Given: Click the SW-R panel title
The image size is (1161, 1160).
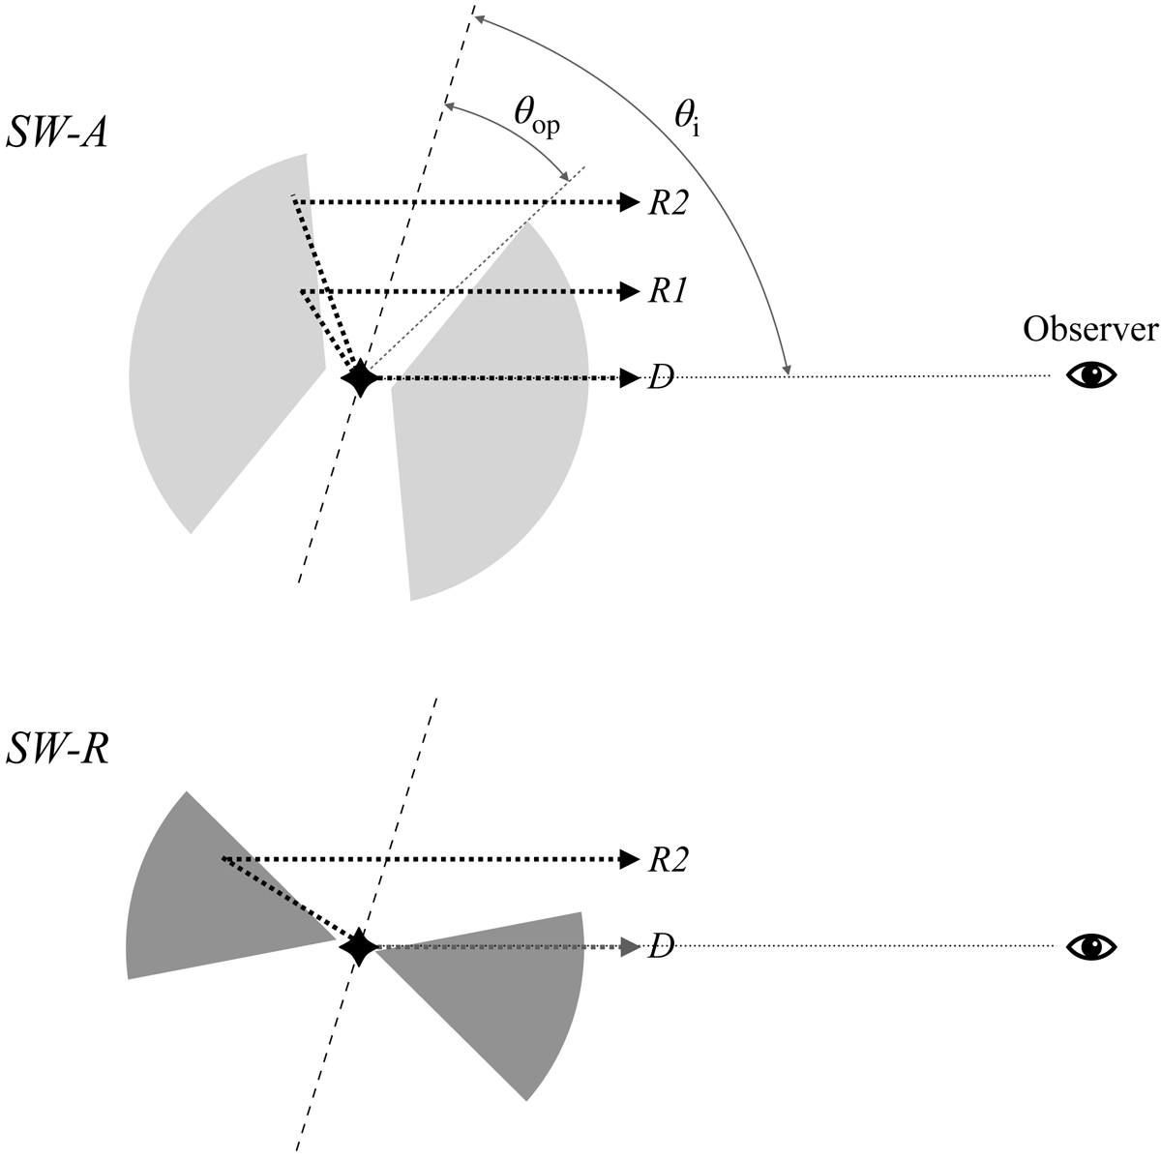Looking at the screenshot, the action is [x=57, y=749].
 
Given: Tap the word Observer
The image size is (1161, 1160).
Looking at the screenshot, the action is [x=1090, y=330].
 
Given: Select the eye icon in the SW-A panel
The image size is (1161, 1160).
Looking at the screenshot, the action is [x=1091, y=374].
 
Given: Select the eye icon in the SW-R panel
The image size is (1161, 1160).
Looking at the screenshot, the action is [x=1091, y=947].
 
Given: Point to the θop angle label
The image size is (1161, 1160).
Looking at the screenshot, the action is [x=536, y=116].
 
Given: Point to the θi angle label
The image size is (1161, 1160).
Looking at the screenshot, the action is [x=688, y=117].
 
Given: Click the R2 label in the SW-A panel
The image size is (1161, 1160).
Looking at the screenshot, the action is [x=668, y=204].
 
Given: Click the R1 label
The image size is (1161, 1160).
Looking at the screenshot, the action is [x=667, y=291].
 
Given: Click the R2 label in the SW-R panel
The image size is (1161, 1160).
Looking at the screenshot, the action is [x=668, y=860].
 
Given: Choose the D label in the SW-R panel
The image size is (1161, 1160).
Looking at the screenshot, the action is [x=661, y=948].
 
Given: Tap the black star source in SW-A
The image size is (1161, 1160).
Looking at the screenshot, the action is [x=360, y=378].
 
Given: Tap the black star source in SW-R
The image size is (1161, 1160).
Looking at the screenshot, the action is [x=359, y=947].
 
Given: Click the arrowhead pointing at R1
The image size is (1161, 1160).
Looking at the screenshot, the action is [x=630, y=291].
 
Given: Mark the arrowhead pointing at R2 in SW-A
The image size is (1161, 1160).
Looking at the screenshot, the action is [x=630, y=203].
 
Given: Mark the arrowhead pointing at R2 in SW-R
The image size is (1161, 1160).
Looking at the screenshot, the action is [x=630, y=860].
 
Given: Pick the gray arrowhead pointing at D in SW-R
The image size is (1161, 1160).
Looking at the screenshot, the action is [x=630, y=947].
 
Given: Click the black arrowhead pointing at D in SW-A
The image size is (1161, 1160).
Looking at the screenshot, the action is [x=630, y=378].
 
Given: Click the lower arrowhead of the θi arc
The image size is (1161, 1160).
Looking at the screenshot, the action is [x=787, y=369].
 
